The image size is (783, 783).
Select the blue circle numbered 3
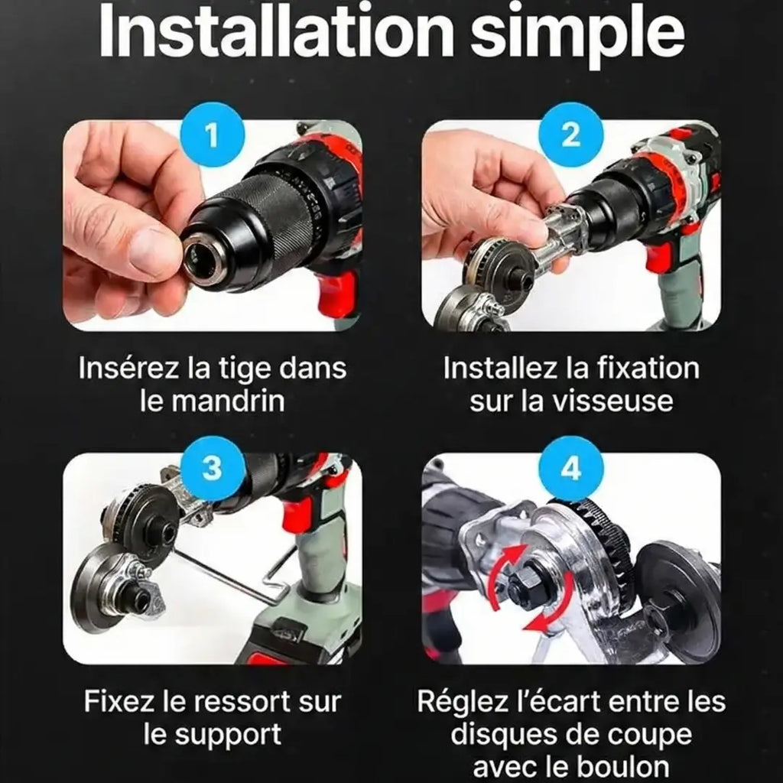(x=212, y=469)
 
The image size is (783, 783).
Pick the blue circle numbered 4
(x=570, y=469)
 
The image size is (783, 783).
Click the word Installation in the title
(x=271, y=32)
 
